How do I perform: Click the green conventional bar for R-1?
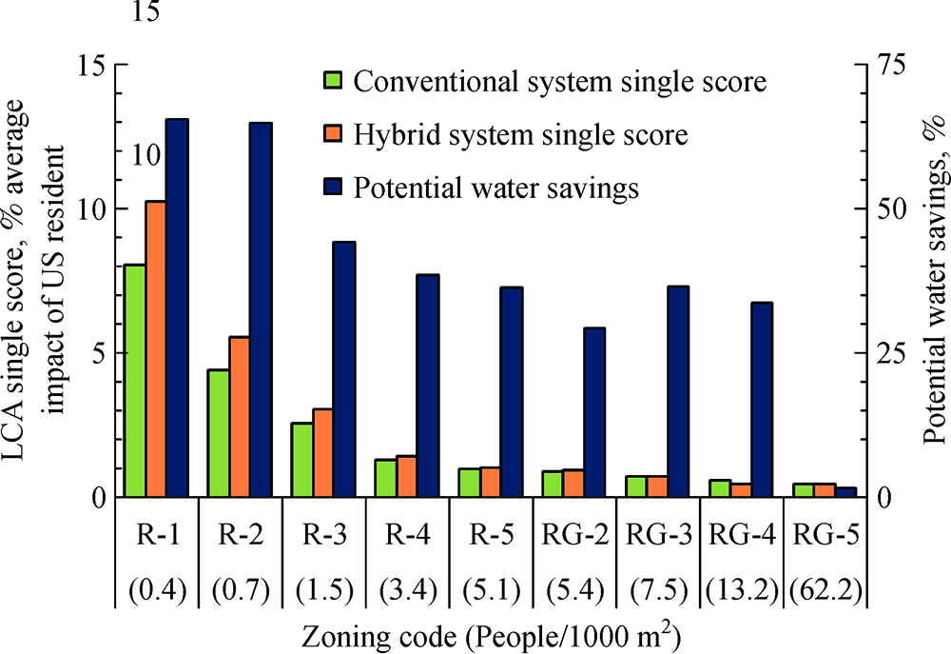134,381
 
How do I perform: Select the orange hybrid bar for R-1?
156,349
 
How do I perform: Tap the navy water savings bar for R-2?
261,310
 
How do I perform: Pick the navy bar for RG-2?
594,412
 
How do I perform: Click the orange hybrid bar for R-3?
323,453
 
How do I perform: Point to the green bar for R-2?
218,433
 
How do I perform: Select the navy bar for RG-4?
762,400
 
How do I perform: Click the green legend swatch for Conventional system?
332,81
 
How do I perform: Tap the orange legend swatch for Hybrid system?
332,134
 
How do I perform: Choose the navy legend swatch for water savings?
332,188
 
